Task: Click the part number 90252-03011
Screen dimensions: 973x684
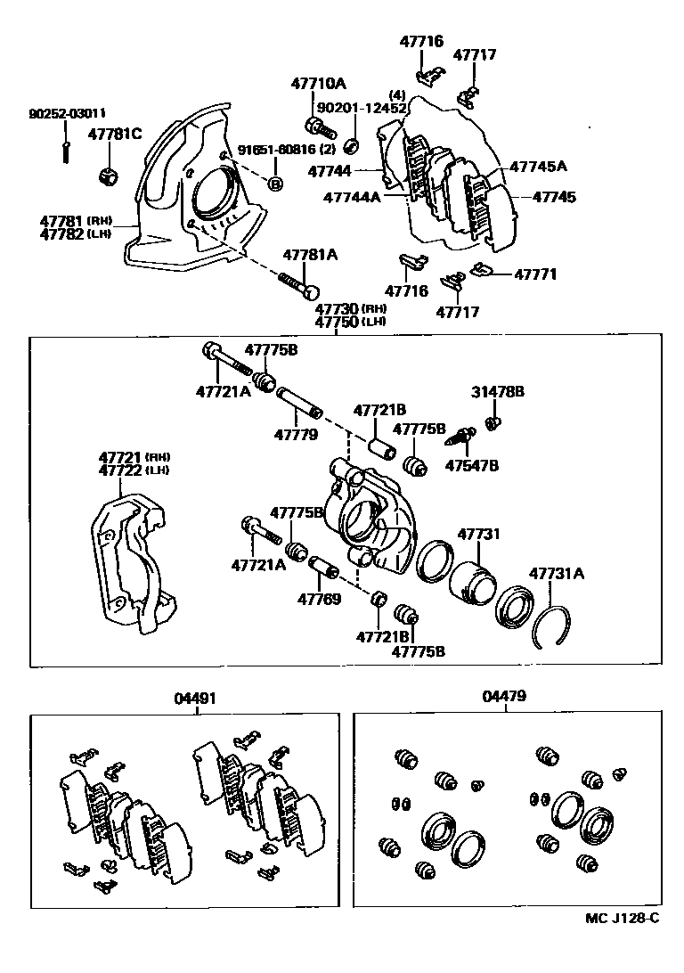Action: coord(67,114)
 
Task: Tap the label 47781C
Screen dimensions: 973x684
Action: coord(115,135)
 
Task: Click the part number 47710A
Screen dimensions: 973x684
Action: coord(318,84)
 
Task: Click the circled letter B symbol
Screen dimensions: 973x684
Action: coord(275,184)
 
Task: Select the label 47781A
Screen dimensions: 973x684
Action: coord(310,255)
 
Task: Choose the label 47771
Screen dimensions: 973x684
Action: coord(535,274)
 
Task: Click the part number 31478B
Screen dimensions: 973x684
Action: coord(498,391)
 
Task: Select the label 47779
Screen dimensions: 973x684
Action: coord(296,435)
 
